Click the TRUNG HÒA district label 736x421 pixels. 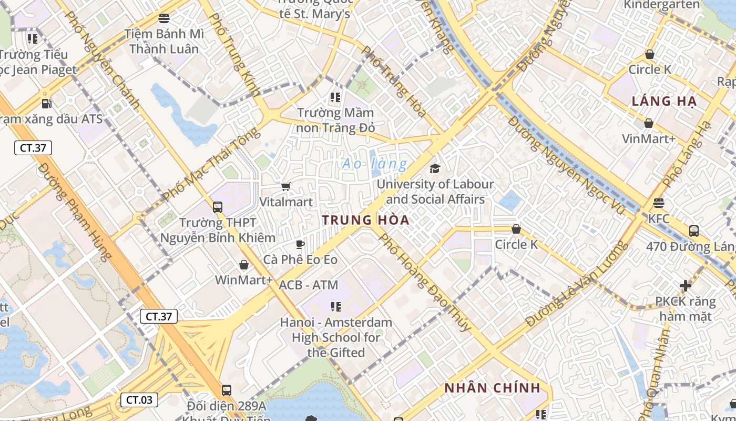(x=365, y=220)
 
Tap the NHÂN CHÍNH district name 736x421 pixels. (x=492, y=388)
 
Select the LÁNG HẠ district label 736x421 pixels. (x=664, y=101)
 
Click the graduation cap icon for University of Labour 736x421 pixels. (x=435, y=168)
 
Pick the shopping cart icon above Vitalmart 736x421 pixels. (x=286, y=186)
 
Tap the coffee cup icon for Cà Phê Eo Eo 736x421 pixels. (x=300, y=244)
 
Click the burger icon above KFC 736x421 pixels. (x=659, y=203)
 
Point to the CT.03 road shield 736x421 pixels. (x=139, y=400)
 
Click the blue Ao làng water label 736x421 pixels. (x=374, y=164)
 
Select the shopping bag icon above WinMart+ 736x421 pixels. (x=243, y=264)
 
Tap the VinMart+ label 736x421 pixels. (x=648, y=139)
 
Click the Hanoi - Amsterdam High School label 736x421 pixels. (x=336, y=337)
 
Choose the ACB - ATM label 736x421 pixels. (x=308, y=285)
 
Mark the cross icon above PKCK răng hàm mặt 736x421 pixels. (x=686, y=286)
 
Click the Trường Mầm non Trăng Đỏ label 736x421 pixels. (x=336, y=120)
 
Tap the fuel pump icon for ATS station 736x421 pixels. (x=46, y=104)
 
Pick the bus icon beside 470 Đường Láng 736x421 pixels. (x=693, y=231)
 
